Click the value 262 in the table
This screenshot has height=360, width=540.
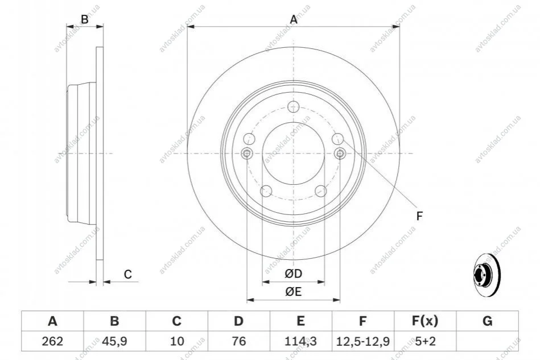pos(52,341)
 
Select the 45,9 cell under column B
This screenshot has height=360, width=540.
pos(114,341)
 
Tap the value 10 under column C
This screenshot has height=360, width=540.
pos(176,341)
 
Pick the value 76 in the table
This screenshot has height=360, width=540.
pos(238,341)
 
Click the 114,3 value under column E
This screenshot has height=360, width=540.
pos(300,341)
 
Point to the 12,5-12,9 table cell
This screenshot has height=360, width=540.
pos(362,341)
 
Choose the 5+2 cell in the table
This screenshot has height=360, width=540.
pos(425,341)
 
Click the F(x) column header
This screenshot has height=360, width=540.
pos(425,321)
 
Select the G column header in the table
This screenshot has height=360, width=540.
pos(487,321)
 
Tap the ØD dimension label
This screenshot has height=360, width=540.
pos(294,274)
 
